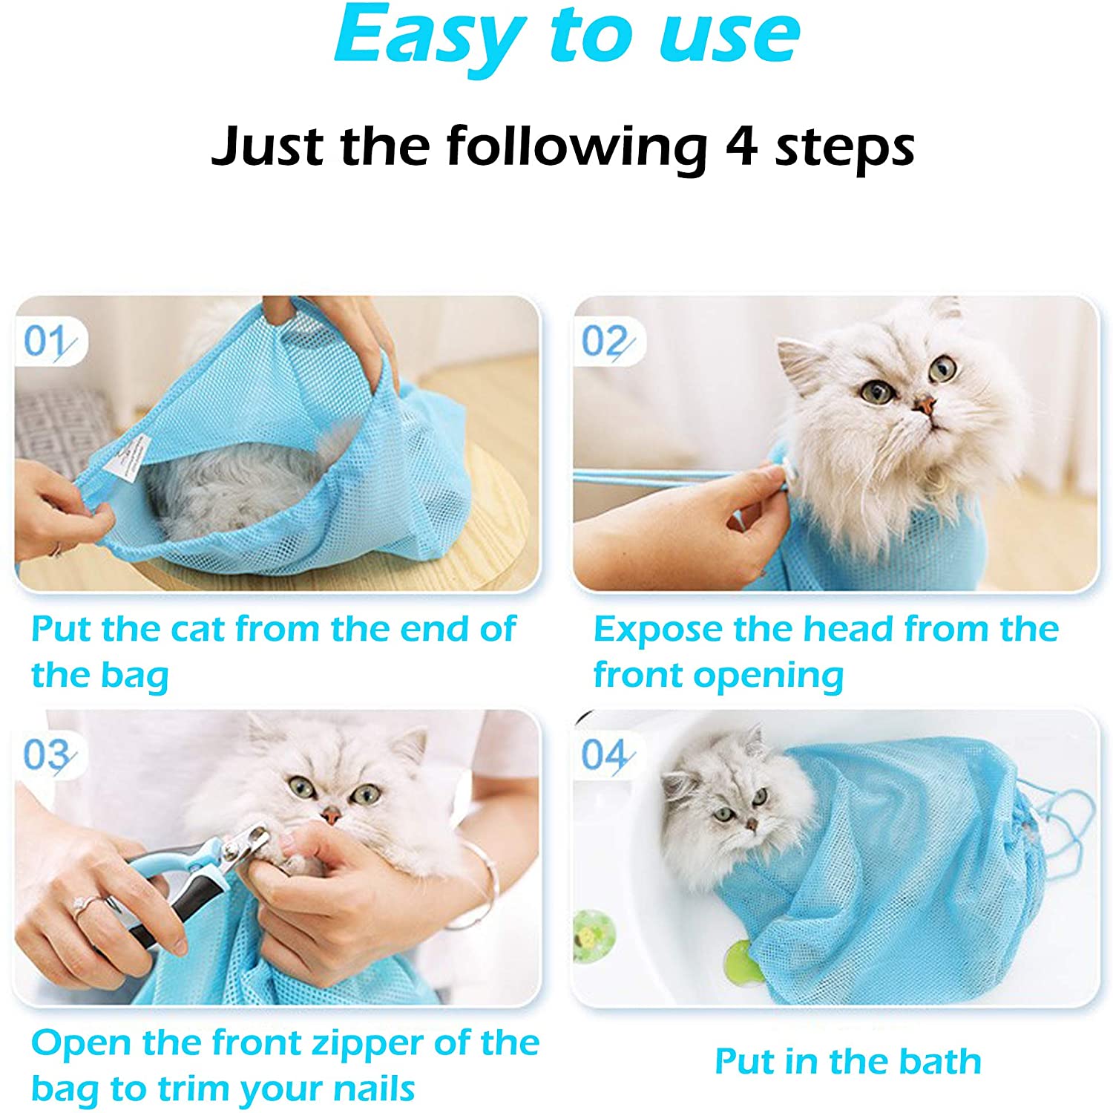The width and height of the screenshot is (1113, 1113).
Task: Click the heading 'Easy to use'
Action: [567, 36]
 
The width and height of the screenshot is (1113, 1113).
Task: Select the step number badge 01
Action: [47, 342]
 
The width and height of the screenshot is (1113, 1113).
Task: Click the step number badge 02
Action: [605, 342]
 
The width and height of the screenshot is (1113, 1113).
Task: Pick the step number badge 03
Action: [47, 756]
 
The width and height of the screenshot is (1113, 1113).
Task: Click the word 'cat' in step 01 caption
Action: [197, 630]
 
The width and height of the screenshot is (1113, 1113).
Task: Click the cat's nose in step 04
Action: [751, 823]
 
